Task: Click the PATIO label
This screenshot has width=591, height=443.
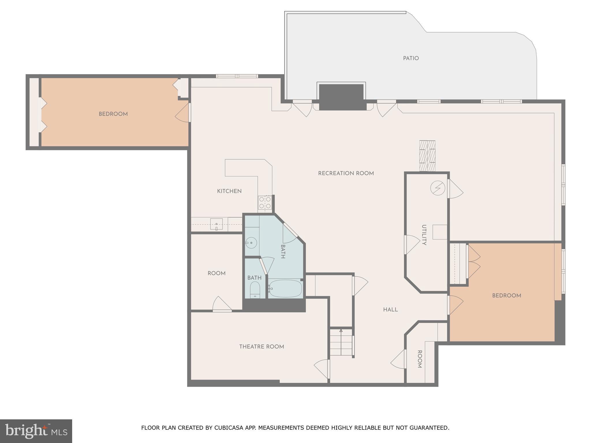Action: click(x=411, y=58)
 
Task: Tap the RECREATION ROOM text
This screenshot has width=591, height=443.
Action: click(x=346, y=173)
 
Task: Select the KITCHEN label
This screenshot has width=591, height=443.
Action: click(x=229, y=191)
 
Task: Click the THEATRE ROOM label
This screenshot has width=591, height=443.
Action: click(x=261, y=347)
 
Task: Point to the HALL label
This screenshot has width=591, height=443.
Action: click(x=390, y=310)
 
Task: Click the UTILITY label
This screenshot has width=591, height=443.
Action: click(x=424, y=235)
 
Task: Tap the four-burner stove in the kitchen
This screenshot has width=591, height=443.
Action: click(x=265, y=202)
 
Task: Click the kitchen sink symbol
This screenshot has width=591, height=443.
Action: click(x=216, y=224)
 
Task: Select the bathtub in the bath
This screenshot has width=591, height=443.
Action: click(x=285, y=288)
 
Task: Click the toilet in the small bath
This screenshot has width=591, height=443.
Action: click(x=255, y=290)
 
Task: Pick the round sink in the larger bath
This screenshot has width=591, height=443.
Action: click(x=251, y=243)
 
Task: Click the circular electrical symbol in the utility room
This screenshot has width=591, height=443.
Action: click(x=437, y=188)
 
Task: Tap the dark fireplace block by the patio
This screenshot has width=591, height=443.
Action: click(x=341, y=97)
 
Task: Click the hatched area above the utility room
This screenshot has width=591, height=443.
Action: click(x=427, y=156)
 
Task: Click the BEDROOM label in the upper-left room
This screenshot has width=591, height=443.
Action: click(x=113, y=114)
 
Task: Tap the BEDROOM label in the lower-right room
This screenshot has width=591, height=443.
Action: click(x=506, y=296)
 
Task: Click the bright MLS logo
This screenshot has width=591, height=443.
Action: click(x=36, y=431)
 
